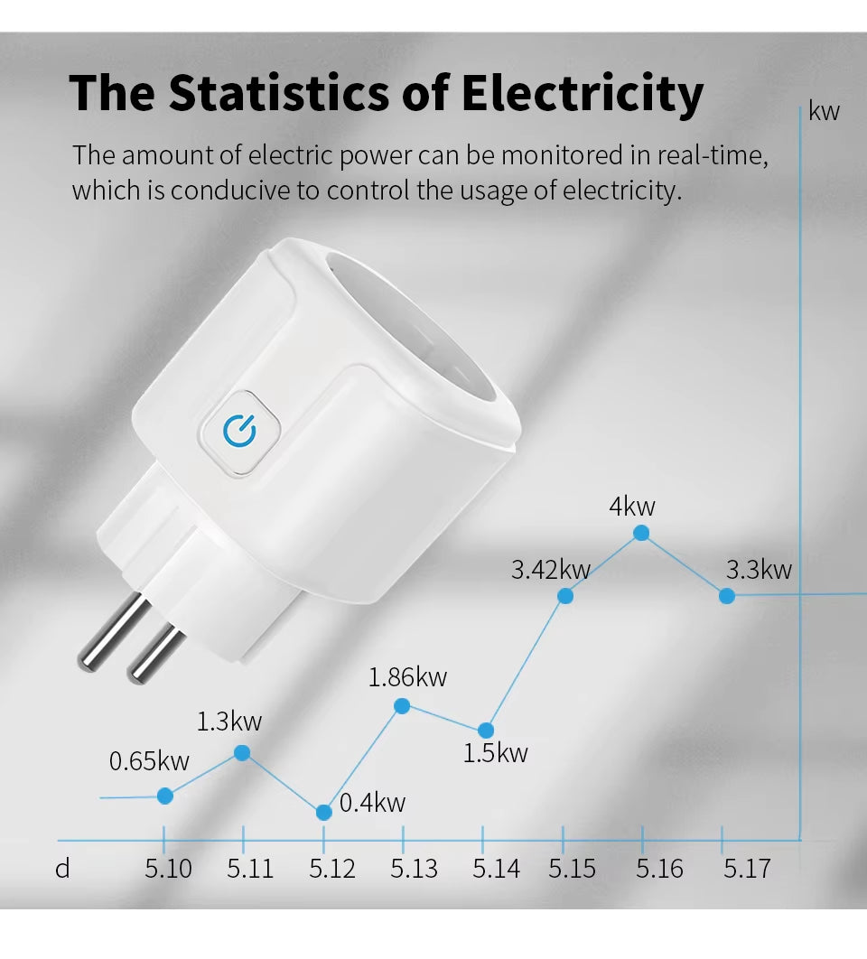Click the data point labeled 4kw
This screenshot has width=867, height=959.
[x=641, y=533]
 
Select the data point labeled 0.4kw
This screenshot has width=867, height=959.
[x=324, y=812]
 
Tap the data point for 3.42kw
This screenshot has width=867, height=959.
[x=565, y=595]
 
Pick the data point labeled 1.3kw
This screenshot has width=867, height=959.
[x=242, y=752]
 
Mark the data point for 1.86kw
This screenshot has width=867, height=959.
[x=403, y=705]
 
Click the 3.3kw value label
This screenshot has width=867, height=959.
[x=759, y=570]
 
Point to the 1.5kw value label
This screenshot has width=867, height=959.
[x=495, y=753]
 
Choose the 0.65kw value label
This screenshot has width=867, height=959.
[x=149, y=761]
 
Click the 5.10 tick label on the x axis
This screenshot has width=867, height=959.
[x=168, y=869]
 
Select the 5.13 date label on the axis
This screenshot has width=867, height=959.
[x=414, y=869]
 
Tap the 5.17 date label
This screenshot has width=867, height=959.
[x=747, y=869]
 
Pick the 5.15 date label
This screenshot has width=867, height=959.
[x=573, y=869]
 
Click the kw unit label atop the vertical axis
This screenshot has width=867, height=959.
[x=824, y=111]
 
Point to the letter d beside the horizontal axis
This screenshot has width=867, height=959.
[x=62, y=869]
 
